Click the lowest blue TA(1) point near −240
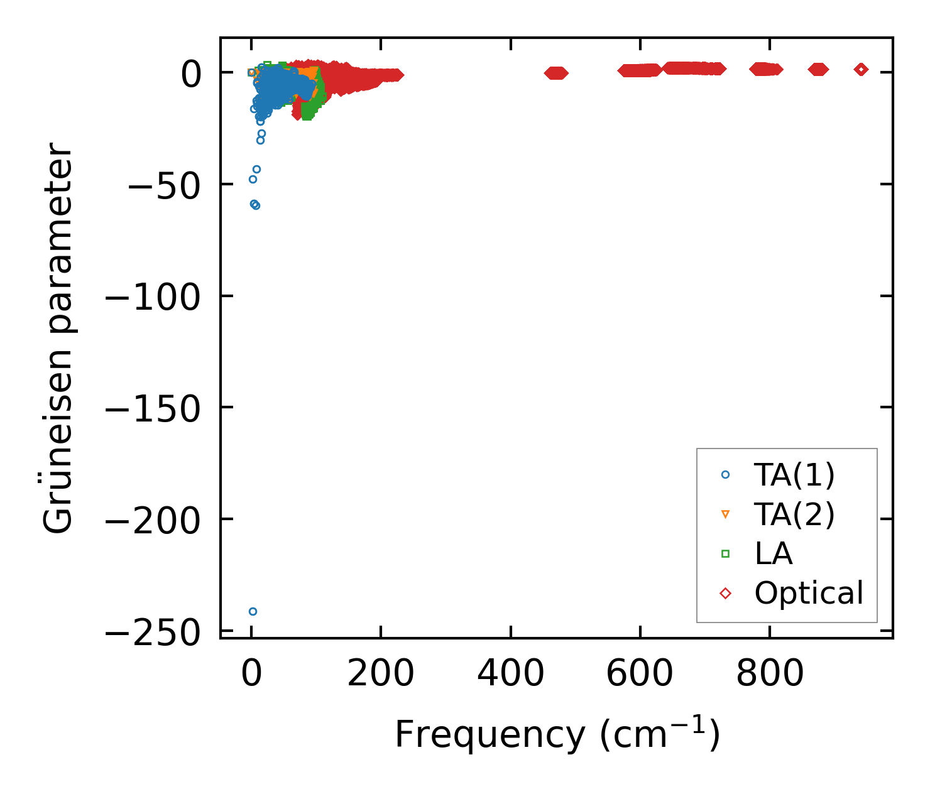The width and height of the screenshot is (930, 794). [x=253, y=611]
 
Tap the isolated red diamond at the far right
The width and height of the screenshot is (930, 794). [x=861, y=70]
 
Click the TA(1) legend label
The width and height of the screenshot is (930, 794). [x=794, y=475]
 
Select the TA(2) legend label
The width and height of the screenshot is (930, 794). [x=794, y=514]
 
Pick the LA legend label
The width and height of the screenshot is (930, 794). [x=774, y=553]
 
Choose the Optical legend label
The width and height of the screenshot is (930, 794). [x=809, y=593]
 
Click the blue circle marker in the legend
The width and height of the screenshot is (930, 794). [x=725, y=475]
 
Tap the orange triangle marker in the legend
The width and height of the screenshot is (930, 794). [x=725, y=514]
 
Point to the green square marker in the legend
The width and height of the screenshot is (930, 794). [x=725, y=553]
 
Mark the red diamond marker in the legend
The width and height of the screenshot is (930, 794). [x=725, y=593]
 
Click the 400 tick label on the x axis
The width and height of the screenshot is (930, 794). [x=510, y=674]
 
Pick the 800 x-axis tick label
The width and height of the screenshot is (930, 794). [x=769, y=674]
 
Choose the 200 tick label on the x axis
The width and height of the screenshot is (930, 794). [x=381, y=674]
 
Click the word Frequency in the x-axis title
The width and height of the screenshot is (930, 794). [x=490, y=734]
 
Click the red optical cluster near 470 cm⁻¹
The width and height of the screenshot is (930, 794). [x=555, y=73]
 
